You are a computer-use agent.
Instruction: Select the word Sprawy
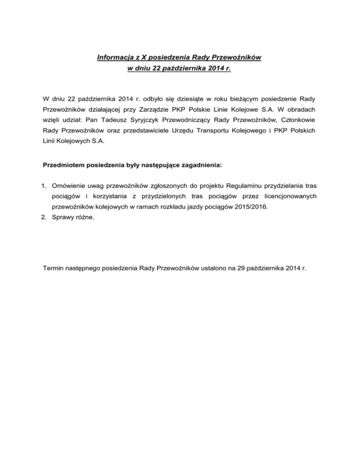coord(64,231)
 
